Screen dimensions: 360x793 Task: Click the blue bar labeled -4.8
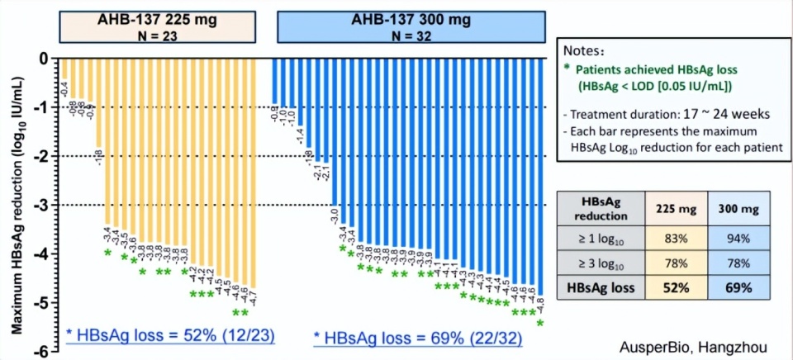pos(541,173)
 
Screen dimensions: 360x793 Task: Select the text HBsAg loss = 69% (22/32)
pos(418,338)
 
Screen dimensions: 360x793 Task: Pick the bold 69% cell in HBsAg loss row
pos(738,288)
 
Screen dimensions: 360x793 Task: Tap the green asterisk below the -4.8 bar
pos(540,324)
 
